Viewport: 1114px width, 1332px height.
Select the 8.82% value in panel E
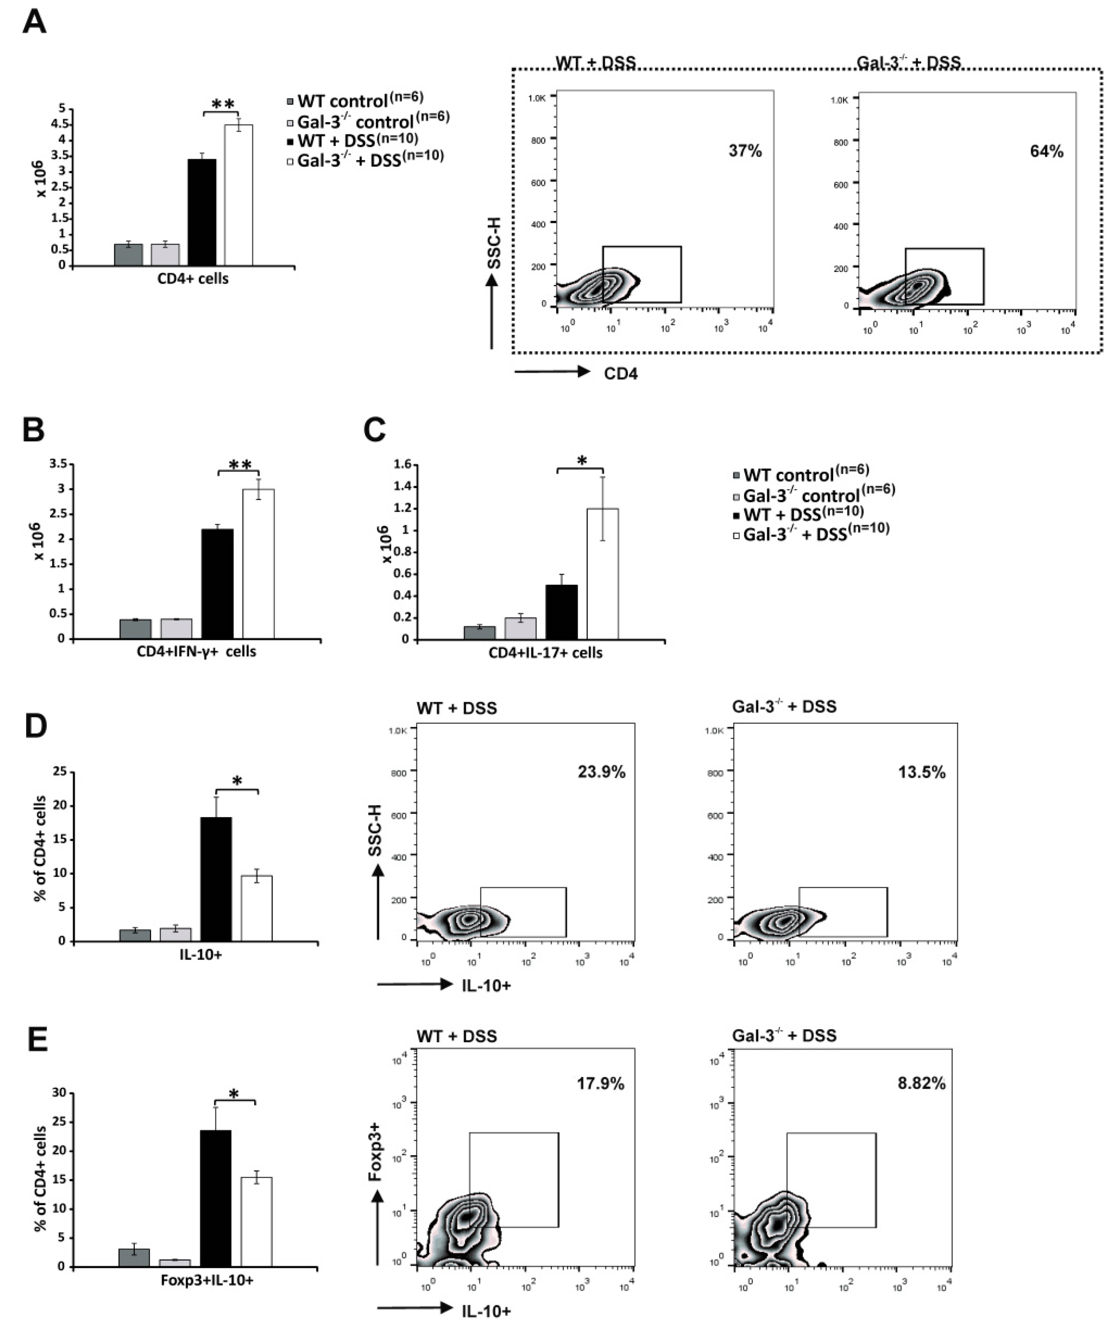pos(921,1083)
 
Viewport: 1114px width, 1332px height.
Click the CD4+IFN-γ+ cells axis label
pos(197,651)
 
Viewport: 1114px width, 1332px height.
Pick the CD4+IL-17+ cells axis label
pos(545,653)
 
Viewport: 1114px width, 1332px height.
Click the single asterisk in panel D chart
pos(237,782)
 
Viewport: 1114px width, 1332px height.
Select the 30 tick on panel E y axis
pos(58,1093)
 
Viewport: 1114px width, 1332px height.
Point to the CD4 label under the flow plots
pos(620,373)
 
